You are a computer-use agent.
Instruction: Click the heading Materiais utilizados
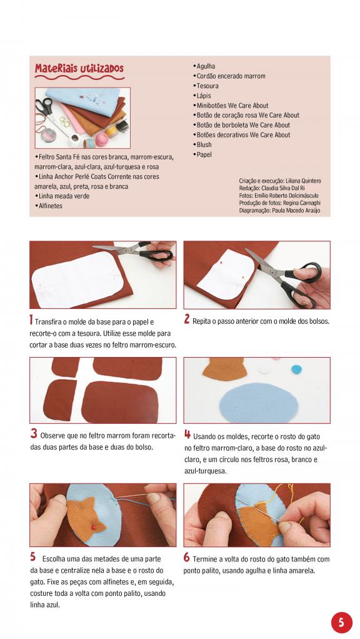pyautogui.click(x=79, y=69)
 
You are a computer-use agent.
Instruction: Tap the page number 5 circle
pyautogui.click(x=341, y=622)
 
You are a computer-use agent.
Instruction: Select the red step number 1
pyautogui.click(x=31, y=320)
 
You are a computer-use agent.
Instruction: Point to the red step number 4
pyautogui.click(x=187, y=435)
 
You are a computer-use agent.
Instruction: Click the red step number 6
pyautogui.click(x=186, y=557)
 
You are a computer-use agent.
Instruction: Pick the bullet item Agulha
pyautogui.click(x=204, y=66)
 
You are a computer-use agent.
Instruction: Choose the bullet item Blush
pyautogui.click(x=202, y=144)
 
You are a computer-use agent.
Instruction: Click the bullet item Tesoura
pyautogui.click(x=206, y=86)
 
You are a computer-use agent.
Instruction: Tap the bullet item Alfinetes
pyautogui.click(x=49, y=206)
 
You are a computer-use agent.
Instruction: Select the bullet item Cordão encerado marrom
pyautogui.click(x=229, y=76)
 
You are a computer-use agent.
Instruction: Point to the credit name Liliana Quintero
pyautogui.click(x=303, y=181)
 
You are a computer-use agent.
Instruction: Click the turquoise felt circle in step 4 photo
pyautogui.click(x=296, y=370)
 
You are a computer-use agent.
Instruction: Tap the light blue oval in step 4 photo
pyautogui.click(x=259, y=403)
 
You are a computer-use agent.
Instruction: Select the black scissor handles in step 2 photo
pyautogui.click(x=303, y=283)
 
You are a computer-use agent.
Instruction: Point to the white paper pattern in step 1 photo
pyautogui.click(x=77, y=279)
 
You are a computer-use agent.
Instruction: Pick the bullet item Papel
pyautogui.click(x=202, y=155)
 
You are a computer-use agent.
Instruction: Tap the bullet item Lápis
pyautogui.click(x=202, y=96)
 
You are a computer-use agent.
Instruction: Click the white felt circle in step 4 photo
pyautogui.click(x=265, y=370)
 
